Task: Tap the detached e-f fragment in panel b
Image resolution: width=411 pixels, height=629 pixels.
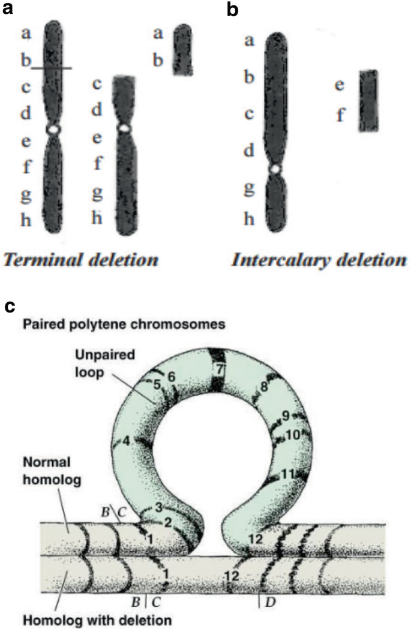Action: (x=369, y=100)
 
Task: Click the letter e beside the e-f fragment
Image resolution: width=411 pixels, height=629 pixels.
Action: (x=340, y=86)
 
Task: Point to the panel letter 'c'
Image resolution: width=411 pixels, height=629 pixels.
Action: (x=10, y=306)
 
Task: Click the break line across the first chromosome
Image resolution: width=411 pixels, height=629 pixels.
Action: (x=52, y=68)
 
